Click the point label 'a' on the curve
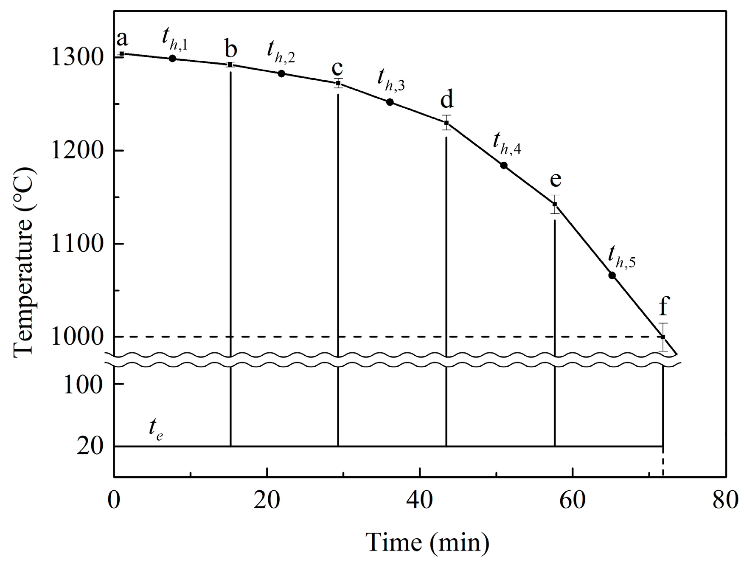122,39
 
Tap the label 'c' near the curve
337,68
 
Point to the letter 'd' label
446,99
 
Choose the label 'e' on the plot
556,180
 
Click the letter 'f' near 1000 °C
664,306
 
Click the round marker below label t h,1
172,58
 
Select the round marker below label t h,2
281,73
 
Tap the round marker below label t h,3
390,102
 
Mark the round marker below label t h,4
504,165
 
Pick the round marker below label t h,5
612,275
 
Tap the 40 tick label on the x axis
420,500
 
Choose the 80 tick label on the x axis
725,500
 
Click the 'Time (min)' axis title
428,542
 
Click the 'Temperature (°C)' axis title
24,263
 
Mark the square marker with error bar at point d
446,123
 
